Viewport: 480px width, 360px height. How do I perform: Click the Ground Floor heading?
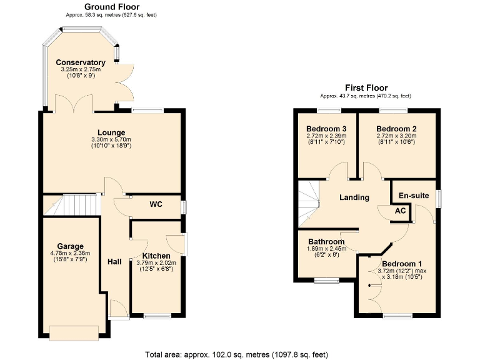(112, 7)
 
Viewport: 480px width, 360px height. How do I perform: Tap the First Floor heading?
(366, 88)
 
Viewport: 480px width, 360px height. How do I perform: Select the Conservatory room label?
(80, 62)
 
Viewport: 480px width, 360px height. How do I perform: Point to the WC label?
(156, 204)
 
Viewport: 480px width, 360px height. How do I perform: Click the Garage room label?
(70, 246)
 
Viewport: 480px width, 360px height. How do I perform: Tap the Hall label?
(114, 262)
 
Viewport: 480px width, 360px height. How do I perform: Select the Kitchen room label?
(156, 256)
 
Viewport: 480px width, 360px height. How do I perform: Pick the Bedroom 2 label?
(396, 129)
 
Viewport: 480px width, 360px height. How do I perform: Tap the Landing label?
(354, 197)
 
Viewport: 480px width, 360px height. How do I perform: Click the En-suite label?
(414, 196)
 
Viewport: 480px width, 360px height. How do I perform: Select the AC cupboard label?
(401, 211)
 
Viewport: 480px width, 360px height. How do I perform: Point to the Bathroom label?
(326, 242)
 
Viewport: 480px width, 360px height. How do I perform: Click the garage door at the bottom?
(74, 333)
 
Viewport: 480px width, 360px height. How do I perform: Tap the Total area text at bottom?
(236, 354)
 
